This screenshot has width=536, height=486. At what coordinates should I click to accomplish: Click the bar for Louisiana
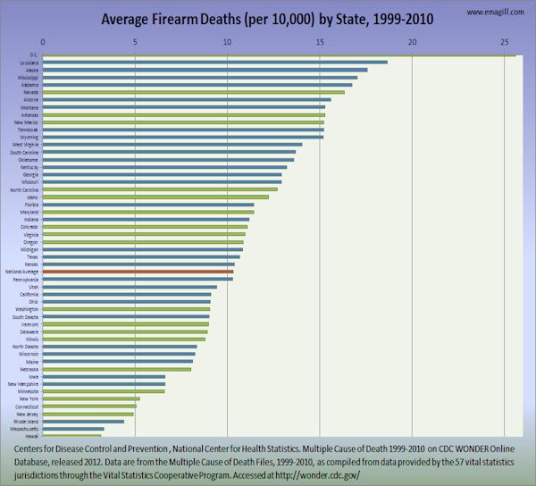click(214, 62)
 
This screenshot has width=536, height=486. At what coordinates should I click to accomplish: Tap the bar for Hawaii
click(71, 436)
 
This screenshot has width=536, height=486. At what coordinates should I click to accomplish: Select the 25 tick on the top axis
click(505, 42)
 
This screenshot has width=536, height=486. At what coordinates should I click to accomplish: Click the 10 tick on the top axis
click(228, 42)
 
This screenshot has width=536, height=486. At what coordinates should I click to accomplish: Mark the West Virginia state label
click(25, 144)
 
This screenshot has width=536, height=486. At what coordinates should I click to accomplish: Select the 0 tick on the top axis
click(43, 42)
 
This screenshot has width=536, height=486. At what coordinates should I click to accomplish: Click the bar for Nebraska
click(117, 369)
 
